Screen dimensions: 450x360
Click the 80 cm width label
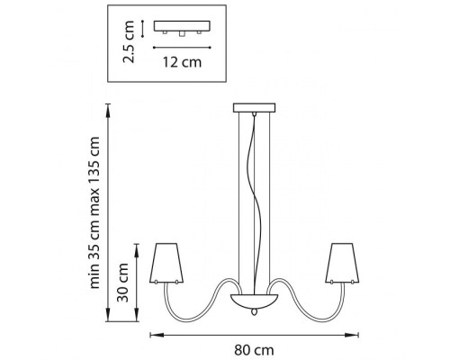(x=254, y=350)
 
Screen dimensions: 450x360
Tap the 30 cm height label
(x=123, y=283)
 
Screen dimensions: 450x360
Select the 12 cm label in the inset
(x=182, y=62)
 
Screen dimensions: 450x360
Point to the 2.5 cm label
(x=129, y=41)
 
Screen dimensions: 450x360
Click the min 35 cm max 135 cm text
(x=94, y=212)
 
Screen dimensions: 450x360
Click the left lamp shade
(x=166, y=263)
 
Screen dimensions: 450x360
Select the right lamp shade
(x=342, y=263)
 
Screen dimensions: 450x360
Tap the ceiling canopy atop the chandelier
(x=255, y=108)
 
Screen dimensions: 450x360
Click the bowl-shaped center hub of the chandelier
(x=255, y=301)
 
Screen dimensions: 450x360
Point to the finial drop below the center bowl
(x=255, y=312)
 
